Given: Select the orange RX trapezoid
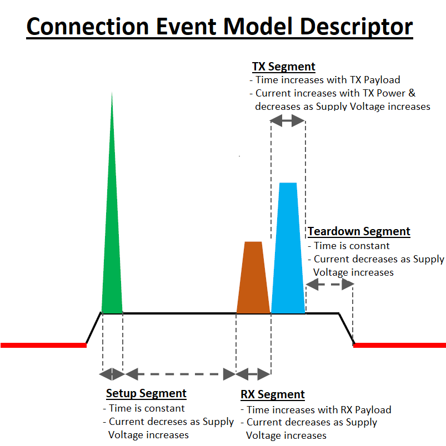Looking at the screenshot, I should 253,283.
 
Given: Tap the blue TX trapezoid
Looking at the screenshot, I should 288,255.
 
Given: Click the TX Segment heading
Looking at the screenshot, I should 283,67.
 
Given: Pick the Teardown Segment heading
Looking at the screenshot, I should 359,231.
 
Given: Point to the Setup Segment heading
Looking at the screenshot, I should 146,393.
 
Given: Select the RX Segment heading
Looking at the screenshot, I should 273,394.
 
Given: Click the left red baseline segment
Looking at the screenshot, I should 43,345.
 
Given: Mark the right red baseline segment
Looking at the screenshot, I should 400,345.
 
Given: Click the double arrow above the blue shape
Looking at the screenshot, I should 288,120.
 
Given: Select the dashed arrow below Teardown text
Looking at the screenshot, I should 330,285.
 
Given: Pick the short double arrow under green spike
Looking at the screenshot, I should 112,374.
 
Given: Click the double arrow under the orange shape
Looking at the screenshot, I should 253,374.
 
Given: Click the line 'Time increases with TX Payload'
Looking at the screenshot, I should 328,80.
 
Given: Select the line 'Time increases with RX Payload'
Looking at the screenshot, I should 319,410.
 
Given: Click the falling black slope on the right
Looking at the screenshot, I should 347,329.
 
